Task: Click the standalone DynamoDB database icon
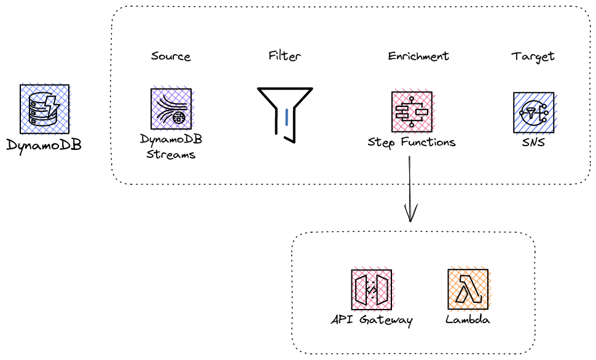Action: [x=44, y=109]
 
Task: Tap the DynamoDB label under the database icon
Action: [x=44, y=146]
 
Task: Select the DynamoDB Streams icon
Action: [x=171, y=109]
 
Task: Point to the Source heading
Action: [x=171, y=57]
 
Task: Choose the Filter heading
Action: [x=284, y=56]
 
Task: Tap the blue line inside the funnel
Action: [x=286, y=117]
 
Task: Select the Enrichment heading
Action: [x=418, y=57]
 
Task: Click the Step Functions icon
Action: [x=412, y=112]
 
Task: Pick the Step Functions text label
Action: [x=412, y=143]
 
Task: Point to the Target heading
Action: [x=533, y=57]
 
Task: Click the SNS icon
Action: [x=533, y=112]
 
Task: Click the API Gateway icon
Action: [x=371, y=289]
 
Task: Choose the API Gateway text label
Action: [x=371, y=320]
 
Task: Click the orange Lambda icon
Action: [x=468, y=289]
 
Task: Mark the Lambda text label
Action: [x=468, y=320]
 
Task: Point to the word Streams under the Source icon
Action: [x=171, y=154]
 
